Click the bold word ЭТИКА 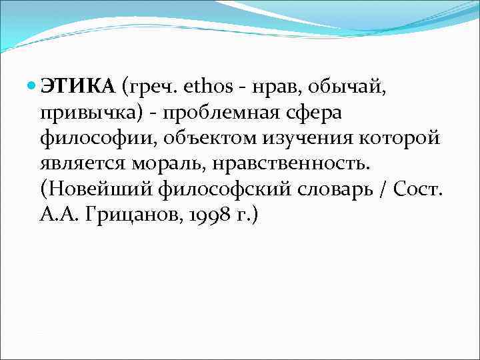coord(77,86)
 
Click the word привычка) coord(91,113)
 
